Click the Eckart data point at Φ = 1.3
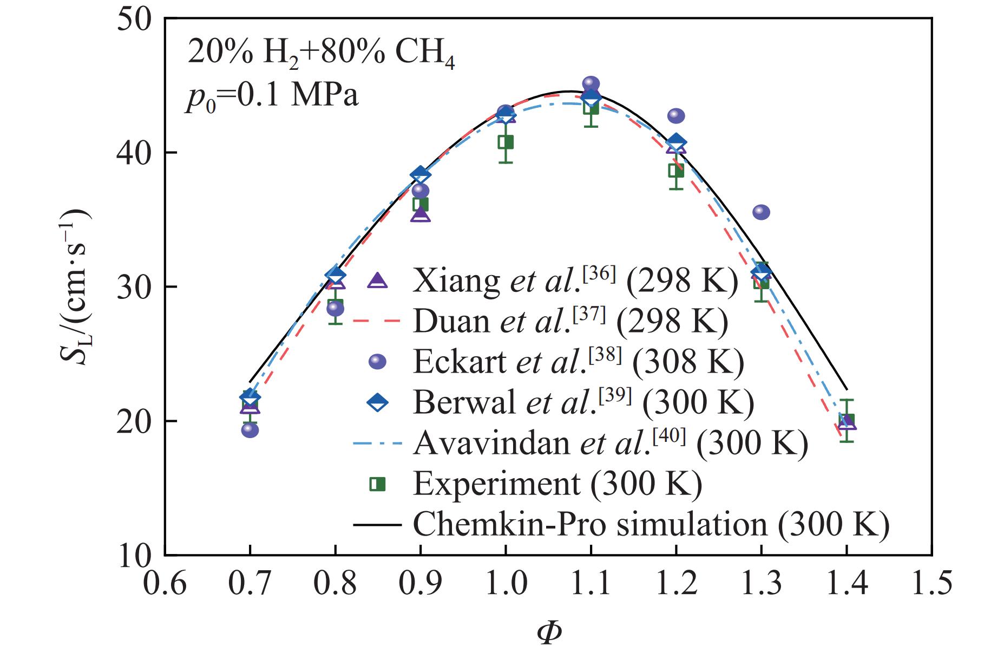(761, 212)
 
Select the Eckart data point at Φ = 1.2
(676, 116)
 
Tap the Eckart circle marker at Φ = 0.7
(250, 430)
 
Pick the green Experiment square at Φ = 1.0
(506, 142)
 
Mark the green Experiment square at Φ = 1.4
(847, 420)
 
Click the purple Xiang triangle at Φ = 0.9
(421, 215)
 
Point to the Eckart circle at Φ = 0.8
(335, 309)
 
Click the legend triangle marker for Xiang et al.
(377, 281)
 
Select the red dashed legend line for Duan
(377, 321)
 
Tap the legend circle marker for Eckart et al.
(377, 362)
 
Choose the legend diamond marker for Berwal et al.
(377, 402)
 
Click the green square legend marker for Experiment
(377, 484)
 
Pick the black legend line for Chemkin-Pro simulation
(377, 524)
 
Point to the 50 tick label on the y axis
(135, 19)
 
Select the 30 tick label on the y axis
(135, 287)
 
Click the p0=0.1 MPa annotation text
(272, 97)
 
